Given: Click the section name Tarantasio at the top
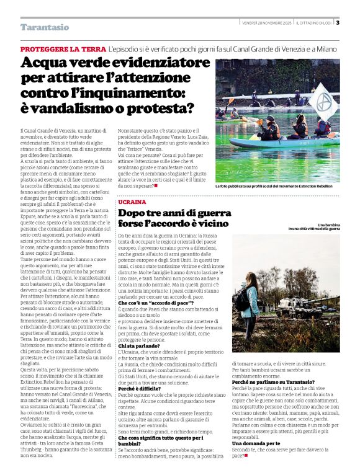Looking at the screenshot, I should click(45, 27).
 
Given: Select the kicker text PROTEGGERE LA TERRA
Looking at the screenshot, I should click(63, 49).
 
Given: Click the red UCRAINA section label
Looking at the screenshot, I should click(132, 202).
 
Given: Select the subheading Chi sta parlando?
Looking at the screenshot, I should click(141, 345).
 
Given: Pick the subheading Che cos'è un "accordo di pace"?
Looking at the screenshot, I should click(156, 302).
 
